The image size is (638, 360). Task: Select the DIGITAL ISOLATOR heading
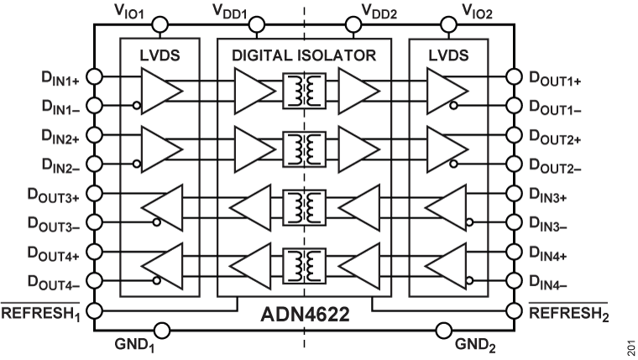point(302,55)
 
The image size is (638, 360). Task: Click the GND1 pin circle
point(161,331)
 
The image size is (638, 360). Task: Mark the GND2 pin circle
point(444,331)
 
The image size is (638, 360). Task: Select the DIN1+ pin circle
point(95,76)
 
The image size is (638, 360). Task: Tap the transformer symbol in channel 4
point(302,265)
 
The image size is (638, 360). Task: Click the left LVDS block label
point(160,55)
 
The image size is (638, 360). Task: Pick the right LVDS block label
point(447,55)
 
